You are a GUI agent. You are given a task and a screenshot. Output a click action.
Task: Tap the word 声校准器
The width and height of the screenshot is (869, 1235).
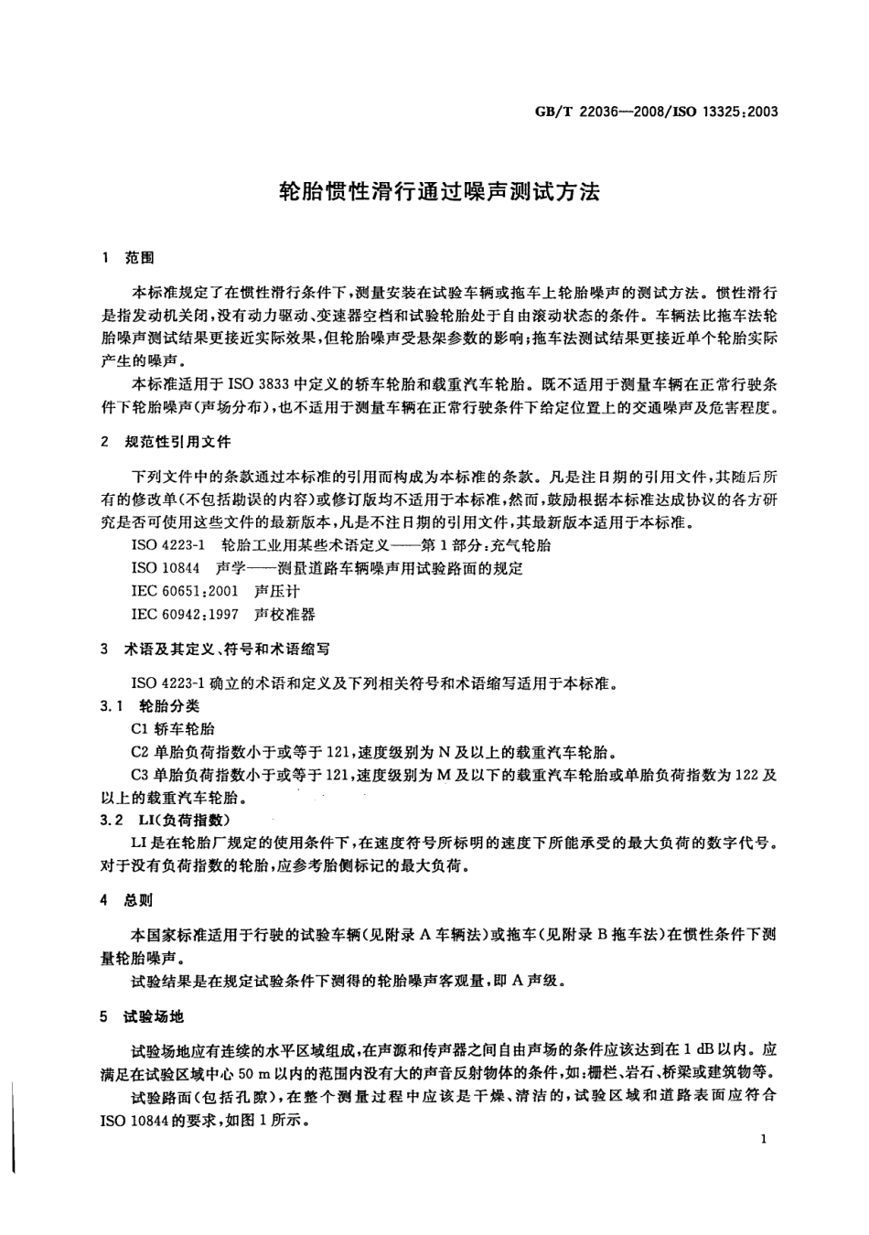[x=284, y=614]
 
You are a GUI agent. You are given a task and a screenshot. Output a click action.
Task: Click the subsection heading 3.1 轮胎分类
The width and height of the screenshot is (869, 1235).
[x=150, y=705]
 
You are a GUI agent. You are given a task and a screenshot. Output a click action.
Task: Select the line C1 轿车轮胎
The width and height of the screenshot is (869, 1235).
[x=174, y=729]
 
